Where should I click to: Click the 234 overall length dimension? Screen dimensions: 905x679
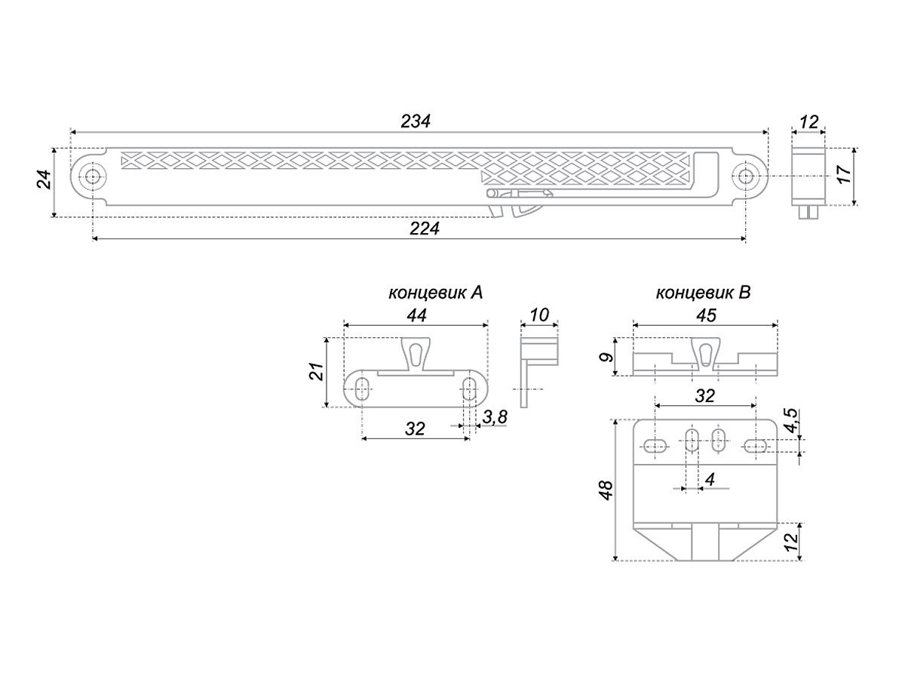tap(416, 121)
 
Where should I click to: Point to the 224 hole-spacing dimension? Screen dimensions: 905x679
tap(425, 228)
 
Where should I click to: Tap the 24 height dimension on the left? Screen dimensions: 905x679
tap(44, 180)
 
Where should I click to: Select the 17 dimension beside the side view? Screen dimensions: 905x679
tap(845, 174)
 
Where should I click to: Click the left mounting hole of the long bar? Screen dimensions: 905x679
tap(92, 177)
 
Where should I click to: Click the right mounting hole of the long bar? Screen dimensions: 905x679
tap(744, 177)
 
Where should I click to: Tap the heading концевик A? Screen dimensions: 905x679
tap(435, 293)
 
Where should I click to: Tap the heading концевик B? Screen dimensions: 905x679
tap(704, 293)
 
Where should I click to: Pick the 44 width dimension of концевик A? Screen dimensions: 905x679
tap(417, 315)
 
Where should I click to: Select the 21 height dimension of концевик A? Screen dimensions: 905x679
tap(317, 371)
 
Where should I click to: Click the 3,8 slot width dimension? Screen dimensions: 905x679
tap(494, 416)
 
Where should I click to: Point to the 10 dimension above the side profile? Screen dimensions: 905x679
tap(539, 315)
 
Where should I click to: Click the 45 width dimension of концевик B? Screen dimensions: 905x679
tap(706, 315)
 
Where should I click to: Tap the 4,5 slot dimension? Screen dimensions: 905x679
tap(792, 420)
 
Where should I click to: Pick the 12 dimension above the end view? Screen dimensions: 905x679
tap(808, 122)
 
